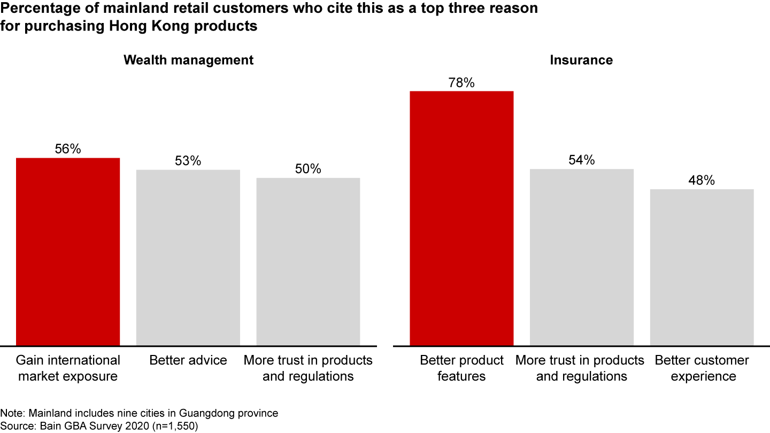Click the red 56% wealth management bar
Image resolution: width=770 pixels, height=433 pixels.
click(x=68, y=252)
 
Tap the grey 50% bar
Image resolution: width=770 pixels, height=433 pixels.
click(x=308, y=261)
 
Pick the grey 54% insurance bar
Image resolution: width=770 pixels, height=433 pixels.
click(x=582, y=257)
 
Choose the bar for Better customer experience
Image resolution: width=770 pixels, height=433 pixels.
click(x=702, y=267)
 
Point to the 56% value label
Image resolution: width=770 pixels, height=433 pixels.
click(x=68, y=149)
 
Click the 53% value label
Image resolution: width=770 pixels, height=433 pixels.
click(x=188, y=161)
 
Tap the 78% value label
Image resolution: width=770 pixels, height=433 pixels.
click(x=461, y=82)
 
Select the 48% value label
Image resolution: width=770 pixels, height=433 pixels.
click(x=702, y=181)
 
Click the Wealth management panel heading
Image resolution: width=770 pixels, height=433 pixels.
click(x=188, y=60)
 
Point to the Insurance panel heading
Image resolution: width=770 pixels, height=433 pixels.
click(x=581, y=60)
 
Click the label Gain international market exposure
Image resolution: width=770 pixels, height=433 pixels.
click(x=68, y=368)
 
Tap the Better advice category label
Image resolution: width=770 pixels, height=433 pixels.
click(x=188, y=360)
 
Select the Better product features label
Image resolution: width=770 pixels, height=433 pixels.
click(x=461, y=368)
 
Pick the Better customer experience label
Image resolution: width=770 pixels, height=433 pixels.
click(x=702, y=368)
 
